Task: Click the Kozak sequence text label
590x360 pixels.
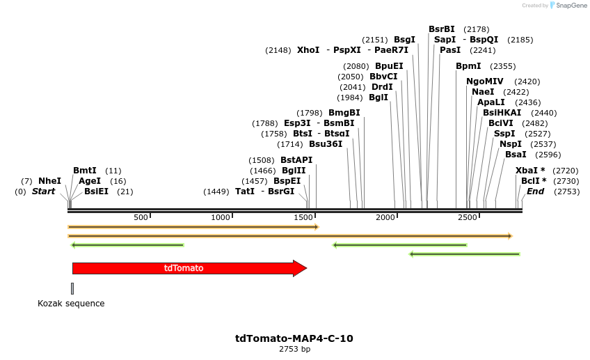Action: tap(71, 304)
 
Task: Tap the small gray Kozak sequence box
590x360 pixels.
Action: tap(72, 288)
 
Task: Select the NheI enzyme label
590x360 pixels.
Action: tap(49, 181)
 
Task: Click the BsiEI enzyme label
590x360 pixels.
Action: tap(96, 191)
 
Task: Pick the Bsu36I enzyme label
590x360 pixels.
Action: tap(326, 144)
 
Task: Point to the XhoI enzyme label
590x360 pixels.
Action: tap(308, 50)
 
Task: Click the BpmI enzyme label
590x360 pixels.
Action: tap(468, 66)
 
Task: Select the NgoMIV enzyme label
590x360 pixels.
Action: tap(484, 81)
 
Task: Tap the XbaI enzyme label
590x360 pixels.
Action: tap(530, 171)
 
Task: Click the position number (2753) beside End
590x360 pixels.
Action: tap(566, 191)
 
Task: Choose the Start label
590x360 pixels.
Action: tap(43, 191)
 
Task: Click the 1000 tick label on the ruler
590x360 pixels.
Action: tap(221, 217)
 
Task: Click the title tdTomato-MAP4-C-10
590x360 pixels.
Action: tap(294, 339)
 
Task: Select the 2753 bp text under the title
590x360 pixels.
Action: tap(294, 350)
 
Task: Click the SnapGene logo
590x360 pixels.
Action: tap(568, 6)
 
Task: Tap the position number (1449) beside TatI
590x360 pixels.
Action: tap(216, 191)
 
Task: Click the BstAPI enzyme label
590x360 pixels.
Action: tap(296, 160)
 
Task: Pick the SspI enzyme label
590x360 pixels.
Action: tap(504, 134)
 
